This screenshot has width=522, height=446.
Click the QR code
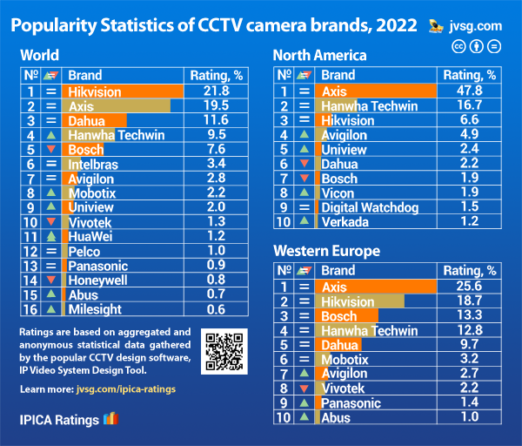click(x=223, y=351)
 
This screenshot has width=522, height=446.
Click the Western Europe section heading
click(x=326, y=251)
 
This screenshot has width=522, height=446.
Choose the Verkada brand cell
click(x=345, y=222)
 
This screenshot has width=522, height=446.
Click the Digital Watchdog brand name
click(x=370, y=207)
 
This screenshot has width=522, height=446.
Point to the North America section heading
click(x=319, y=55)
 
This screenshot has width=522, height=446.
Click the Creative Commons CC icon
click(x=458, y=45)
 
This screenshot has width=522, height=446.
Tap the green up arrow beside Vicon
click(x=304, y=193)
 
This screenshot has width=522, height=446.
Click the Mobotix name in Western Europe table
click(x=345, y=359)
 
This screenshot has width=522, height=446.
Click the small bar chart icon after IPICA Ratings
click(x=110, y=419)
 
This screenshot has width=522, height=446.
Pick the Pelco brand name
click(x=84, y=251)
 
